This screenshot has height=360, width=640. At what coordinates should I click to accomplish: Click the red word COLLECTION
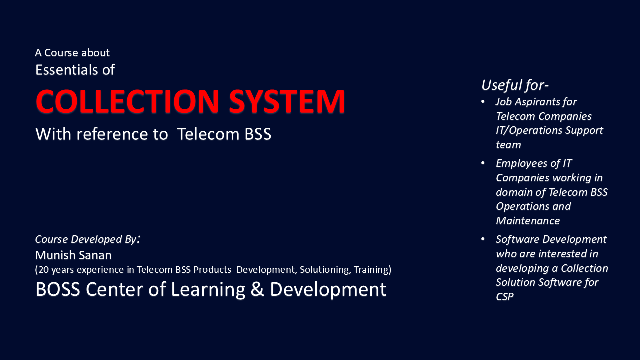127,101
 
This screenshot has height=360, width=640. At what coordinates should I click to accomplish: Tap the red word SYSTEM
287,101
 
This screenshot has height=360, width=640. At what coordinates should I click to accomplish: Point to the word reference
122,134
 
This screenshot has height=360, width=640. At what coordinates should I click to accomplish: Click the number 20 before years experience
43,269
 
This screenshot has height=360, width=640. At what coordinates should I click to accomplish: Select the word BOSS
58,289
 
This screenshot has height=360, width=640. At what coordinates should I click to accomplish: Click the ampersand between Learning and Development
257,289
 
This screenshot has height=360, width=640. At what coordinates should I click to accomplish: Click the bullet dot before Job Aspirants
483,102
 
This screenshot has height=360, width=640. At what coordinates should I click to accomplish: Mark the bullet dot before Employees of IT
483,163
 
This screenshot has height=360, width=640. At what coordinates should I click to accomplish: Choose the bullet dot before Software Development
483,239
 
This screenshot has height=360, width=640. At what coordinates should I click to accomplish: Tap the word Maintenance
528,221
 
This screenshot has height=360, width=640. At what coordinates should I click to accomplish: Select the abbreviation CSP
505,297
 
